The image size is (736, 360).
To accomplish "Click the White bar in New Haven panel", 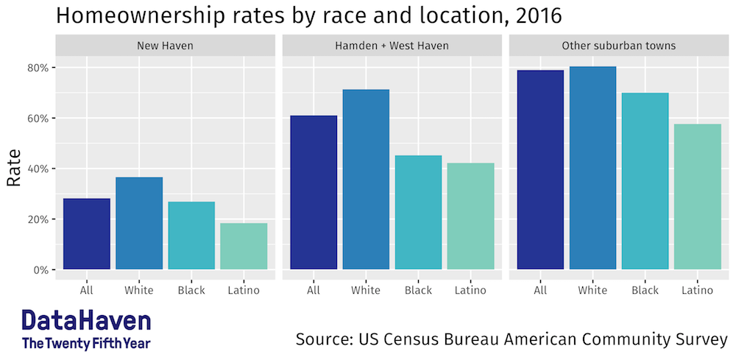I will point(139,223).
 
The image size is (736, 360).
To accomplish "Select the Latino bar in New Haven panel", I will point(244,246).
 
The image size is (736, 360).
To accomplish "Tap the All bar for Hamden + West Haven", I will point(314,192).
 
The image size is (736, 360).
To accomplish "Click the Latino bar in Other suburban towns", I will point(697,197).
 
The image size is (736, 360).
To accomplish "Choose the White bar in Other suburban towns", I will point(592,168).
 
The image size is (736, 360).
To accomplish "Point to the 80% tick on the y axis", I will point(39,68).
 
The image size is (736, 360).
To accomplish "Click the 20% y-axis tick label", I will point(39,219).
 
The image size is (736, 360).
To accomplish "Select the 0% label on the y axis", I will point(41,269).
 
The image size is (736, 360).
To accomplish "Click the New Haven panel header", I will point(165,46).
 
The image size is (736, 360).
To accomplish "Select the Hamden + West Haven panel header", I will point(392,46).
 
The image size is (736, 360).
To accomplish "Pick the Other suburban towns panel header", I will point(618,46).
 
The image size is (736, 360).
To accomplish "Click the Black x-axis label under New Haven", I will point(191,290).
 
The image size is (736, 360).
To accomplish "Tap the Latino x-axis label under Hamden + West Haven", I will point(470,290).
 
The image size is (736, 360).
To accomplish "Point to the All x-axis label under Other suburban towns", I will point(540,290).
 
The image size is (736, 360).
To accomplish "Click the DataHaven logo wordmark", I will point(86,321).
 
